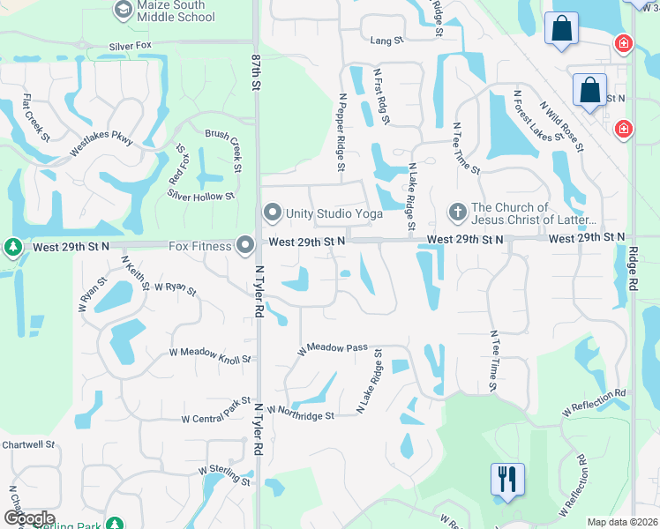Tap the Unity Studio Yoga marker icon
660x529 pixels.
tap(273, 212)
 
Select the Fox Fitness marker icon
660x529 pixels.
tap(245, 245)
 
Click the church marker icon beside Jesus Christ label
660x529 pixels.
tap(457, 212)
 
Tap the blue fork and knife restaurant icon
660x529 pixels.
tap(507, 479)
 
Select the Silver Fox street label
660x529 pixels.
tap(131, 46)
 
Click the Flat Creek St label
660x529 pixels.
tap(36, 118)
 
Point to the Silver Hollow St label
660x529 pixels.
tap(201, 197)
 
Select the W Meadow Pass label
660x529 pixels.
tap(332, 348)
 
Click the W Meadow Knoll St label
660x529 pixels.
tap(210, 354)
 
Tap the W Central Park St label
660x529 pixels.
tap(216, 413)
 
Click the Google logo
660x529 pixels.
tap(28, 518)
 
